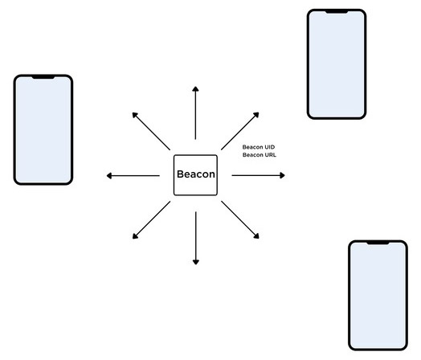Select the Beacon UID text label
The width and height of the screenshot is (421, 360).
tap(259, 147)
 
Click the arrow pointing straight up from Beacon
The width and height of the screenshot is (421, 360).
tap(195, 112)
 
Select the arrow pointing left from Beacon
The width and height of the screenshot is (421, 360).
tap(133, 175)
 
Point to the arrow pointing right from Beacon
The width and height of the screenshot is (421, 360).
tap(258, 175)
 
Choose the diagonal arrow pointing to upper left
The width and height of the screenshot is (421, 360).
tap(150, 131)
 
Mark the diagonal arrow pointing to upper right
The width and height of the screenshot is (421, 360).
tap(240, 131)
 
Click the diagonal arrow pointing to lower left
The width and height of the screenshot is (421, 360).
tap(150, 219)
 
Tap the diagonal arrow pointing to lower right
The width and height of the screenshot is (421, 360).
tap(240, 219)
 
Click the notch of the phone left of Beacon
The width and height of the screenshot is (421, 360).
tap(43, 78)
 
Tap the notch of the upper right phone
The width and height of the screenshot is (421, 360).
tap(336, 12)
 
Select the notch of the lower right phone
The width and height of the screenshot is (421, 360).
tap(377, 243)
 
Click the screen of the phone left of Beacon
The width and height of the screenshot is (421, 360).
tap(43, 131)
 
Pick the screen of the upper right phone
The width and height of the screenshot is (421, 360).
tap(336, 64)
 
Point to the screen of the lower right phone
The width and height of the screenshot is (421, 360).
tap(377, 296)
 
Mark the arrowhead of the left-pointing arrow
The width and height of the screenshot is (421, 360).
tap(109, 175)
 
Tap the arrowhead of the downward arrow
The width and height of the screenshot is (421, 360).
tap(195, 260)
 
